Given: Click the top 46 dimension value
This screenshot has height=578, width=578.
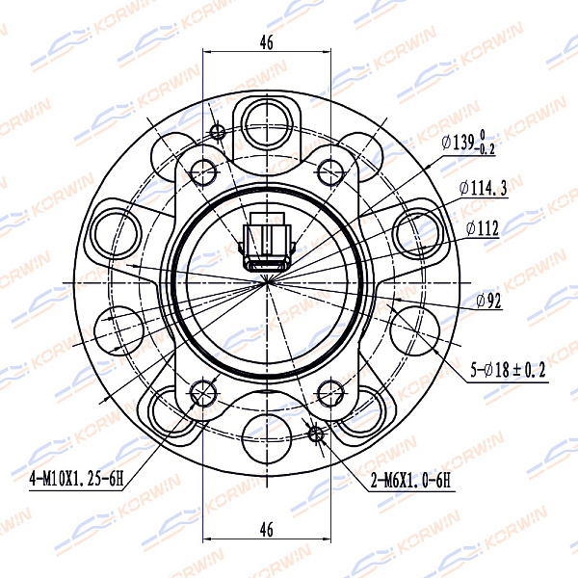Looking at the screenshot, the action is (x=267, y=42).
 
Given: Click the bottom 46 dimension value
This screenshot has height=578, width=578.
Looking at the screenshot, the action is (x=267, y=530).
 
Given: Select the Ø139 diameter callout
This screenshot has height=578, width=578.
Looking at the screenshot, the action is (x=468, y=142).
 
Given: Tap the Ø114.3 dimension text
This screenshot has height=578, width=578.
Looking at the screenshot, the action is (x=484, y=188).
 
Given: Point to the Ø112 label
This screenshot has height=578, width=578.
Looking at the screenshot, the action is (x=483, y=228).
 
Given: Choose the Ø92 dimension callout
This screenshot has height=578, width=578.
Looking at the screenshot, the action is (x=488, y=301).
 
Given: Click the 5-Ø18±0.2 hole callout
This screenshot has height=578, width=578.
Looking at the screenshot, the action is (x=508, y=370).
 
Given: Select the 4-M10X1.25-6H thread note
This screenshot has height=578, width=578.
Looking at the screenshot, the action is (x=76, y=479).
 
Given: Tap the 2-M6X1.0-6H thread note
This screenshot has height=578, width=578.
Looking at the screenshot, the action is (x=410, y=481).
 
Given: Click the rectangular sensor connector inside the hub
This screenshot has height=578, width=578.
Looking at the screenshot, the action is (x=267, y=242).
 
